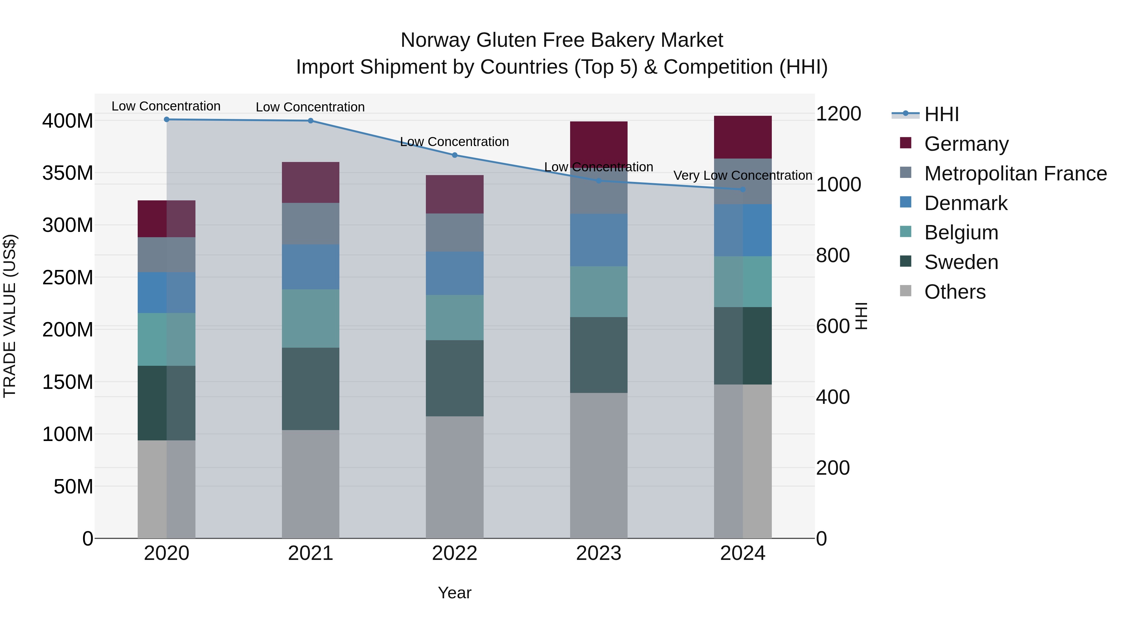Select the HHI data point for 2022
pyautogui.click(x=454, y=155)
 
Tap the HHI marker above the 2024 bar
pyautogui.click(x=743, y=189)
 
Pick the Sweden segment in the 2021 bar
pyautogui.click(x=310, y=388)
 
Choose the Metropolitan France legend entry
pyautogui.click(x=1015, y=174)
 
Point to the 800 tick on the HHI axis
pyautogui.click(x=832, y=256)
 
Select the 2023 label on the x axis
pyautogui.click(x=598, y=553)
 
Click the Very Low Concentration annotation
pyautogui.click(x=743, y=175)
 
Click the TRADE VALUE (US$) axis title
pyautogui.click(x=10, y=316)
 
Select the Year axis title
pyautogui.click(x=454, y=593)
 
